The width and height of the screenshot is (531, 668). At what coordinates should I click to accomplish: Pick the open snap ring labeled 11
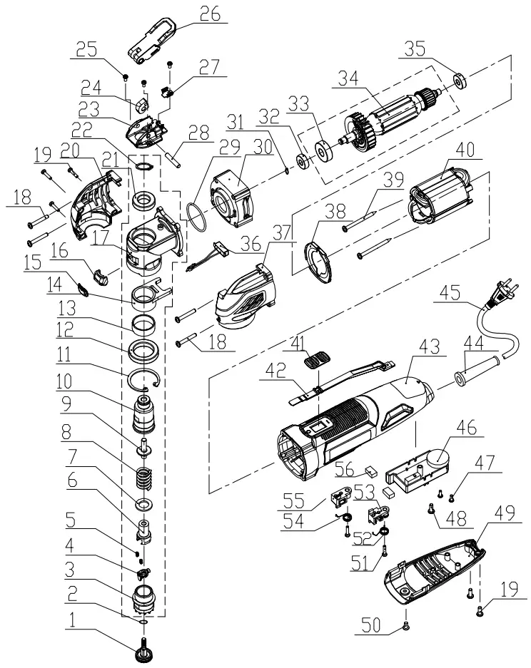point(146,378)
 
